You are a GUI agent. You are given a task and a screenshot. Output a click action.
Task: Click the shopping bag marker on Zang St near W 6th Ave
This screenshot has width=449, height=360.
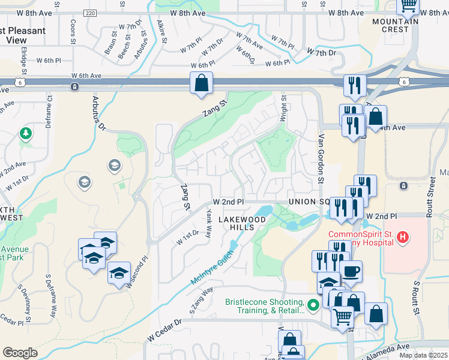pyautogui.click(x=202, y=83)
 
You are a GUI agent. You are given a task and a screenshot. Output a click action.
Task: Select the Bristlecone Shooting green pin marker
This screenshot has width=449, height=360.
pyautogui.click(x=311, y=307)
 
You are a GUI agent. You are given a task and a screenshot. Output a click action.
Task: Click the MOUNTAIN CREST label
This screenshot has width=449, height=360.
pyautogui.click(x=395, y=25)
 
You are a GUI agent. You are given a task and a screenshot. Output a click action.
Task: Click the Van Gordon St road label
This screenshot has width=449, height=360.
pyautogui.click(x=321, y=160)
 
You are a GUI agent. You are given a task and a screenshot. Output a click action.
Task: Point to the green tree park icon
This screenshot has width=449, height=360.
pyautogui.click(x=26, y=133)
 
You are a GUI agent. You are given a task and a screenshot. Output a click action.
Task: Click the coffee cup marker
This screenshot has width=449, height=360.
pyautogui.click(x=351, y=271)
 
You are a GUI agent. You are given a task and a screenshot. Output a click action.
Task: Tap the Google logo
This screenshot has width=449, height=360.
pyautogui.click(x=20, y=353)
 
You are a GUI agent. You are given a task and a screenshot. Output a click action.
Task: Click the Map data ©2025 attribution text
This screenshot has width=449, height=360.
pyautogui.click(x=423, y=355)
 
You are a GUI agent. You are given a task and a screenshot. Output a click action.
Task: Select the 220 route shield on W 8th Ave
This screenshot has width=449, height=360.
pyautogui.click(x=90, y=13)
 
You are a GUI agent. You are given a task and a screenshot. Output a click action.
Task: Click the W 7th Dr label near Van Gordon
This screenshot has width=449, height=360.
pyautogui.click(x=321, y=53)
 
